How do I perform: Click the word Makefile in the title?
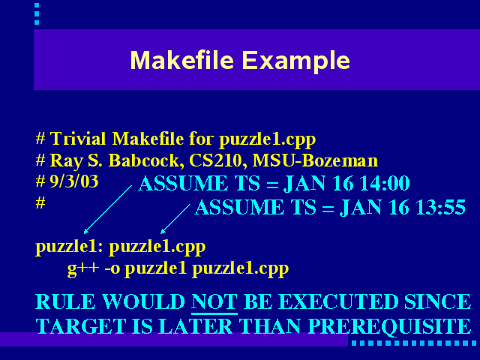point(182,60)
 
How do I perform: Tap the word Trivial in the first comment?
point(78,139)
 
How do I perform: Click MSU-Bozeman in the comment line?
point(315,160)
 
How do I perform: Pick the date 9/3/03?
point(74,181)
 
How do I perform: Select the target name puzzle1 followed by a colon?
point(70,247)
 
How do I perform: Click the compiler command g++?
point(83,268)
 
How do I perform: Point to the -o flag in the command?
point(112,268)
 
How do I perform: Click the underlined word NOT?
point(214,302)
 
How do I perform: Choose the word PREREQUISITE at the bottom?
point(389,326)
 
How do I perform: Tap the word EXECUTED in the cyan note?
point(339,301)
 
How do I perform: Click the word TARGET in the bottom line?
point(81,326)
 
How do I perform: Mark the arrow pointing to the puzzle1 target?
point(108,209)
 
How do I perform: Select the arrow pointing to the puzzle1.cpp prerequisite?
point(175,219)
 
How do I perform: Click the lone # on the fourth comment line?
point(40,203)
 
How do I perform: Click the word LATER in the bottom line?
point(196,326)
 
